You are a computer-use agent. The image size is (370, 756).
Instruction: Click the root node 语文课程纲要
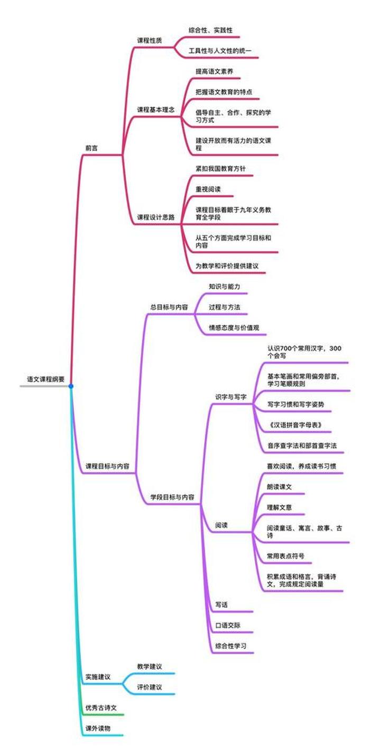point(46,379)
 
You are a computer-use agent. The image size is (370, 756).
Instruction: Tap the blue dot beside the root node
point(71,386)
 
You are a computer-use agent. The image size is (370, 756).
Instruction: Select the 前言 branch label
point(91,148)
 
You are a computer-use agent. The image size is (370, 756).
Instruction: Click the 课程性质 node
point(150,41)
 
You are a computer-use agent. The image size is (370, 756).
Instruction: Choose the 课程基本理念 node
point(156,110)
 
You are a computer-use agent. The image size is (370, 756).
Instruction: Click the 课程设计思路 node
point(156,216)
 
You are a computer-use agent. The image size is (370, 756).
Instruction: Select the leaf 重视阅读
point(208,188)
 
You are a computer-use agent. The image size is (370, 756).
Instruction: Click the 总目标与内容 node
point(169,307)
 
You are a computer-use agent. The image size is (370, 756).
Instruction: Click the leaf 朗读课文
point(280,487)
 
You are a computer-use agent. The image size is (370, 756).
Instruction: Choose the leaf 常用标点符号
point(285,556)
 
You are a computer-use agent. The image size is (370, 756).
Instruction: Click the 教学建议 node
point(149,666)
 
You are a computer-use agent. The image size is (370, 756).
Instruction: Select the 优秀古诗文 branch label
point(101,707)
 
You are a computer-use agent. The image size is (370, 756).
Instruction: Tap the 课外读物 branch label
point(97,728)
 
